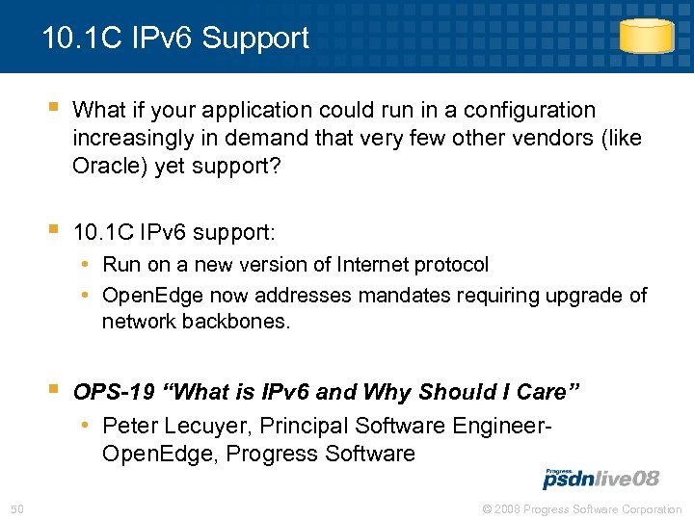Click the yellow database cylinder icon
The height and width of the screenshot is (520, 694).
(646, 38)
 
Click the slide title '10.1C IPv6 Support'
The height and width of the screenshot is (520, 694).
(175, 39)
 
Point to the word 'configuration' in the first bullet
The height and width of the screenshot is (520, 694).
(532, 111)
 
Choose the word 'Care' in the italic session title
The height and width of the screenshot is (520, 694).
(543, 393)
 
